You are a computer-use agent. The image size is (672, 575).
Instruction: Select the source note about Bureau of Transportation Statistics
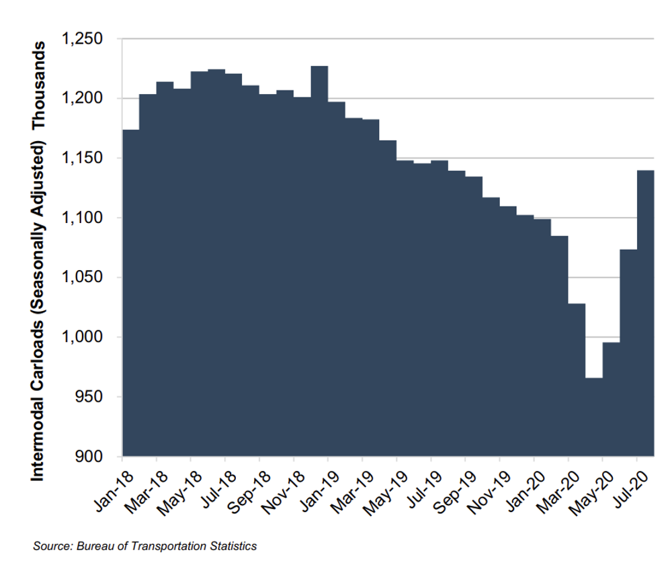coord(144,546)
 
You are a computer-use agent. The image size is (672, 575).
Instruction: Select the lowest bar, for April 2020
coord(594,416)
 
